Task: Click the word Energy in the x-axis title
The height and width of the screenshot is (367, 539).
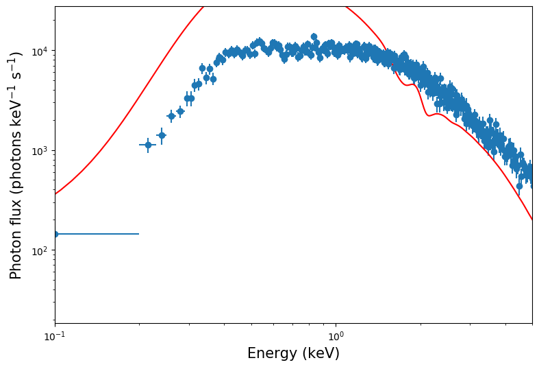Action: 273,353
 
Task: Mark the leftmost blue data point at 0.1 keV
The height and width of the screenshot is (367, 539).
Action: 55,234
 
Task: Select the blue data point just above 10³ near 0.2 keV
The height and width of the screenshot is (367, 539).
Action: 148,145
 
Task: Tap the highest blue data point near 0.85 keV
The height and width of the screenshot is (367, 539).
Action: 314,37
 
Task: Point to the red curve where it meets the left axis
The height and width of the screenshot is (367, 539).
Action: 55,193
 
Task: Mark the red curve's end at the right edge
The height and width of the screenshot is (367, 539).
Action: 531,219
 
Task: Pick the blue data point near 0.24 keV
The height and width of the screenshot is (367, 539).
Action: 162,135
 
